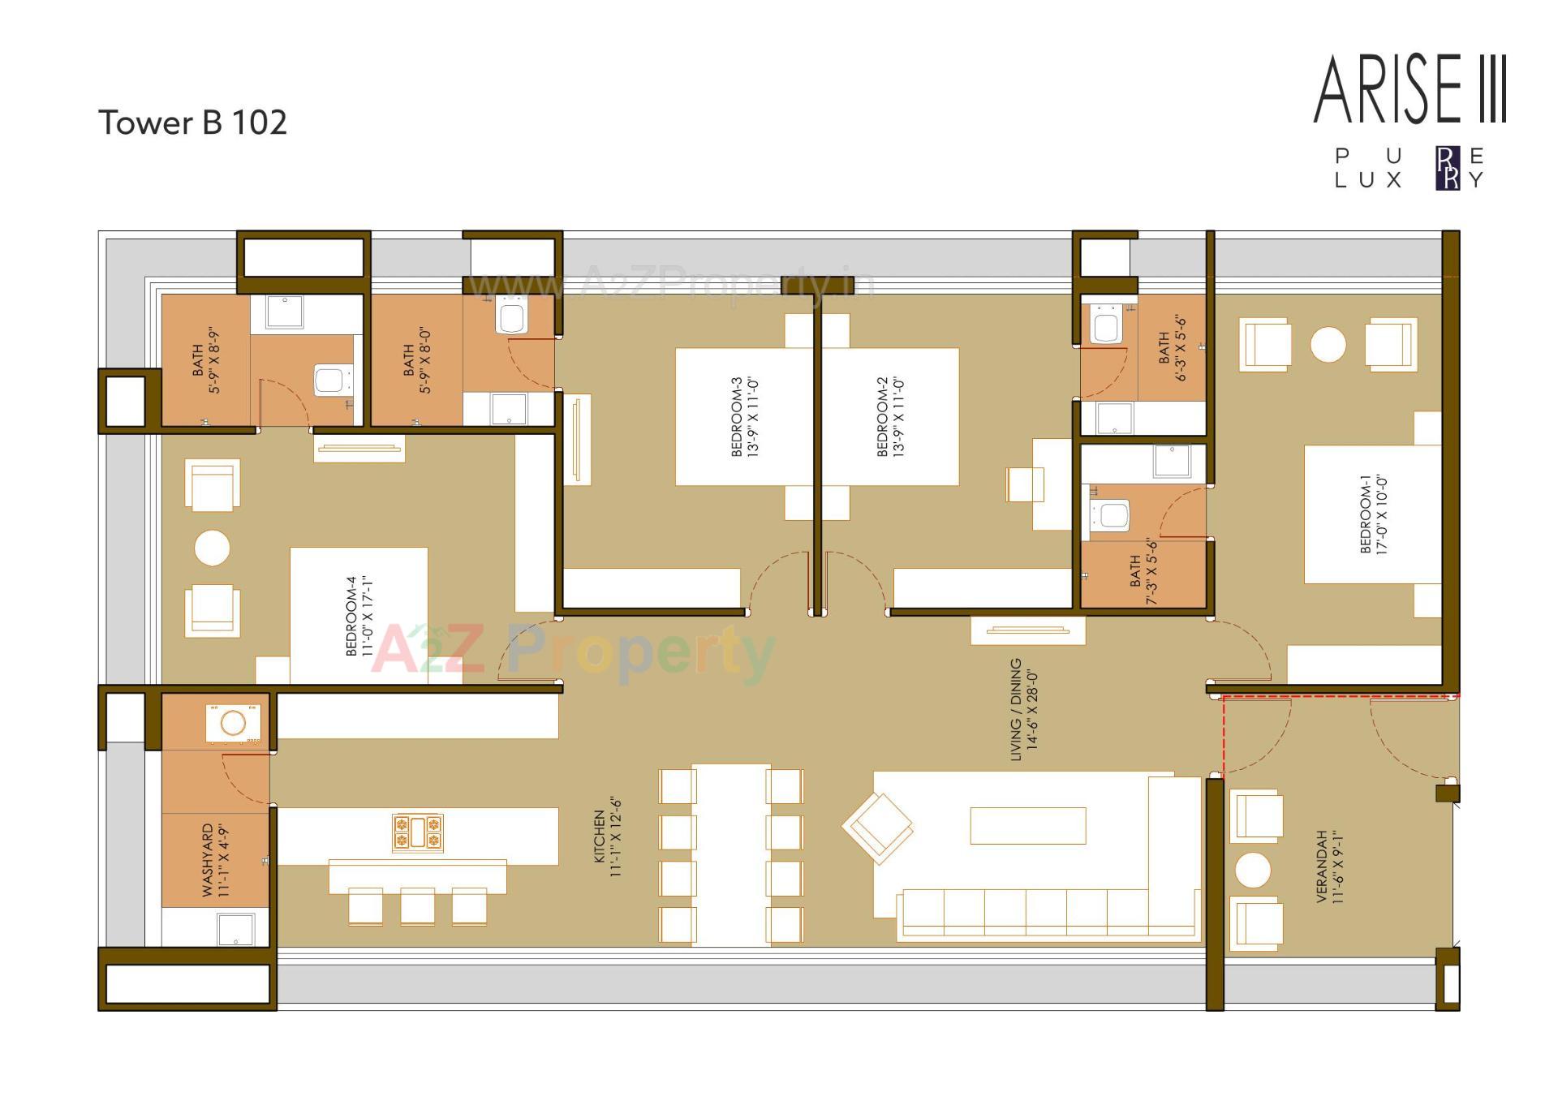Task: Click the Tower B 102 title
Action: (x=192, y=123)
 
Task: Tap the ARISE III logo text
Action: (x=1410, y=90)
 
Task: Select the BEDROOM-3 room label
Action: (x=744, y=417)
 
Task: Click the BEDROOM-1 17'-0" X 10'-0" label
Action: (x=1374, y=514)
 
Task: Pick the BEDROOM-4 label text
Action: (x=359, y=617)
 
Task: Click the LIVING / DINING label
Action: (x=1023, y=709)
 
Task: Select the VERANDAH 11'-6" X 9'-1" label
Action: (x=1329, y=867)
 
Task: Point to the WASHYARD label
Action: (x=216, y=860)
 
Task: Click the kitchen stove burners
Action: (x=418, y=833)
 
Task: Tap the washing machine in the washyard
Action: (x=234, y=722)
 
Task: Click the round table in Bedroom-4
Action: (x=212, y=548)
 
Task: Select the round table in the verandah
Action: (x=1252, y=870)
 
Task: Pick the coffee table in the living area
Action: (x=1027, y=826)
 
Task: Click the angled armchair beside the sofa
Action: (x=877, y=827)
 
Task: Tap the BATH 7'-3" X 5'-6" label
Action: (x=1143, y=571)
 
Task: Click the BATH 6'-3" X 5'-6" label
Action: (x=1172, y=349)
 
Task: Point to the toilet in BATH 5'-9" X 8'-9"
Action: (x=330, y=380)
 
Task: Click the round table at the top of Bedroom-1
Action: (x=1328, y=345)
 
